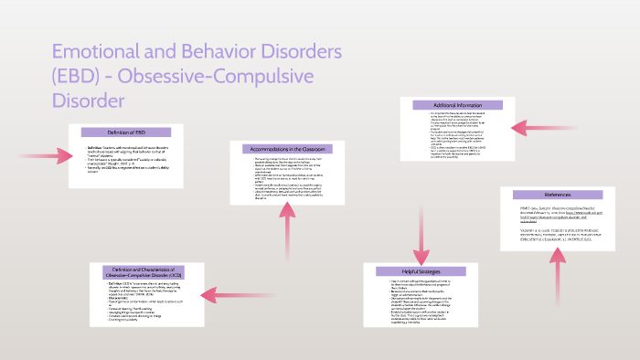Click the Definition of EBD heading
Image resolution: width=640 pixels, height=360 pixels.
126,132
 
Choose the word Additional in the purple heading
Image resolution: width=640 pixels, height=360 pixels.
437,103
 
